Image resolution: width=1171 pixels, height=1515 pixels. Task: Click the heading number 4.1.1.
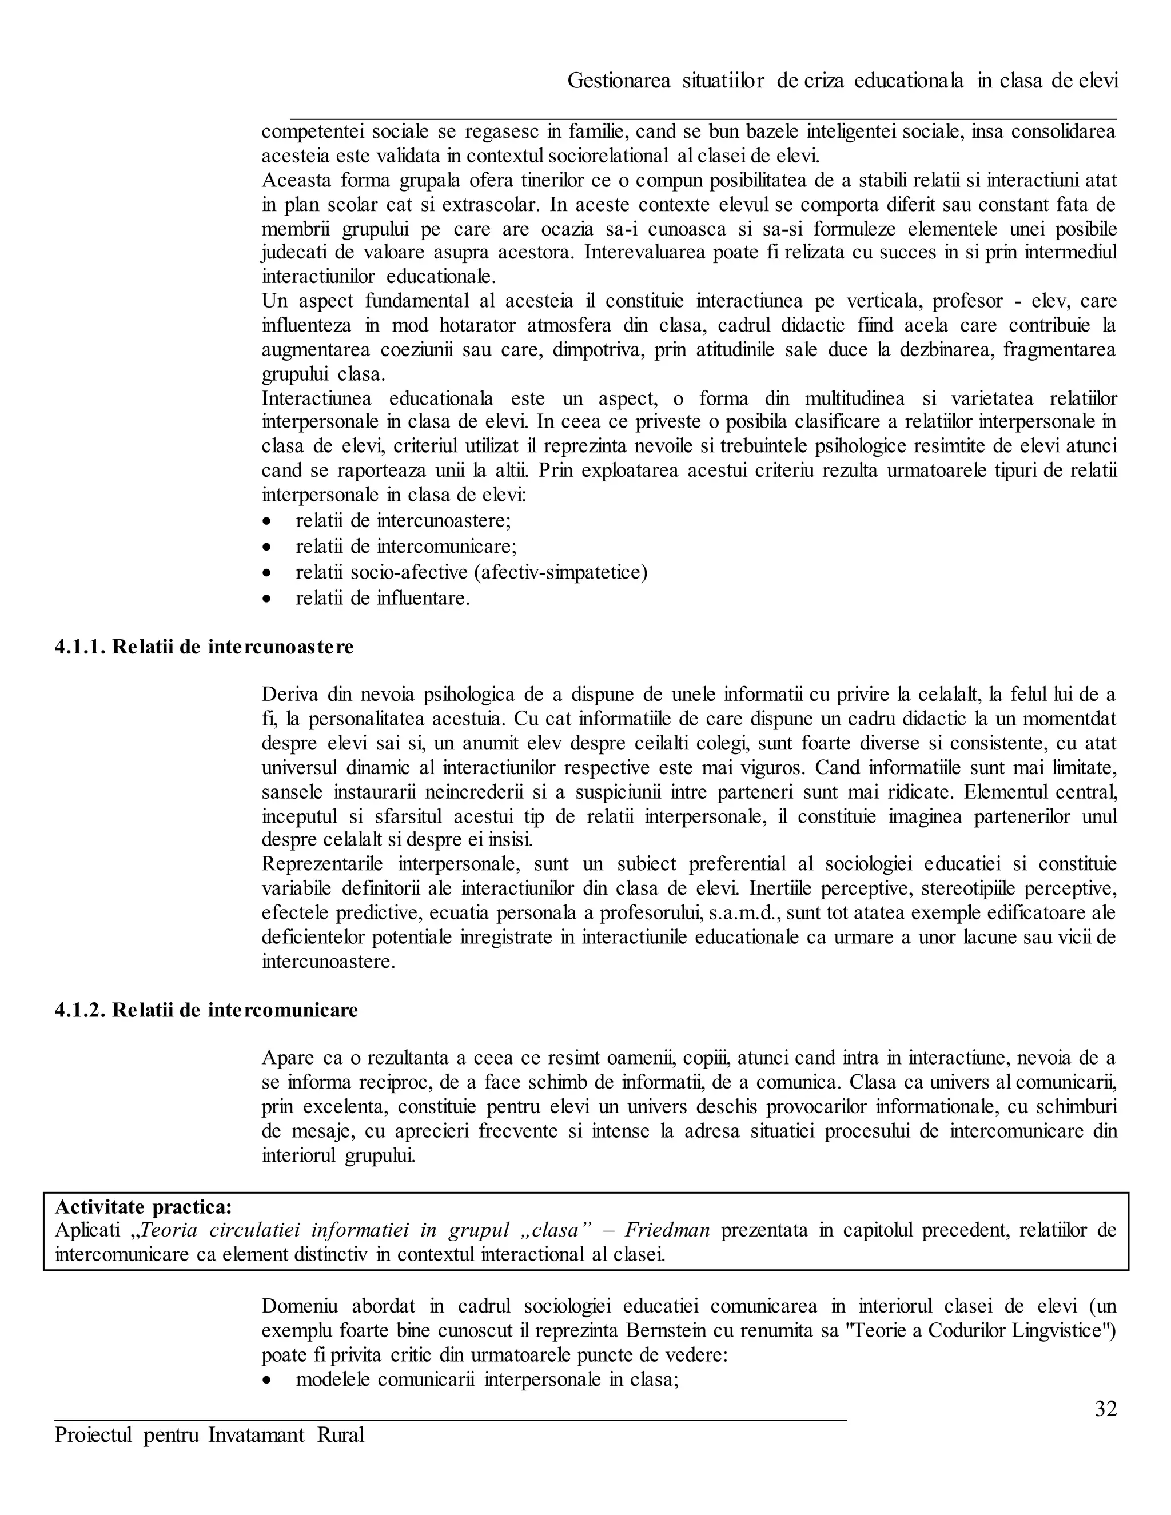[x=80, y=647]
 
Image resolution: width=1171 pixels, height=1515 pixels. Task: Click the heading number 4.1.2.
[x=80, y=1010]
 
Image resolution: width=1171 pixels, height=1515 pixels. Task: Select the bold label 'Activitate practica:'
[x=144, y=1207]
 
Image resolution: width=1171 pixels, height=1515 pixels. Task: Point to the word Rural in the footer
[x=341, y=1434]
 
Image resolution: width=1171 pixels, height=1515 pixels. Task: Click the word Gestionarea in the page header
[x=619, y=81]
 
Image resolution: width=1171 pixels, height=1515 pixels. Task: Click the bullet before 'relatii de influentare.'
[x=267, y=599]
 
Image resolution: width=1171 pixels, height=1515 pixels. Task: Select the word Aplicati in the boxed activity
[x=87, y=1231]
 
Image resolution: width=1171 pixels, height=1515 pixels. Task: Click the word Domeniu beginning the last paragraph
[x=300, y=1306]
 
